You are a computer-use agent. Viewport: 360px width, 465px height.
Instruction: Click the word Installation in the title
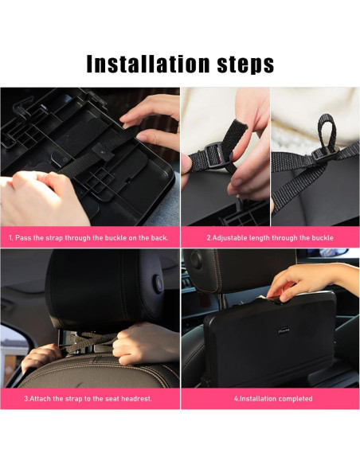148,64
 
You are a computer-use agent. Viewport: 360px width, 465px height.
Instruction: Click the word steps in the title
245,64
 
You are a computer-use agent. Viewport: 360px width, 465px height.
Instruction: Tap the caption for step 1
88,238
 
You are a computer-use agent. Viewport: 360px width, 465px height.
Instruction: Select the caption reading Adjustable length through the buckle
270,238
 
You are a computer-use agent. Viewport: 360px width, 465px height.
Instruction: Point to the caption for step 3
88,399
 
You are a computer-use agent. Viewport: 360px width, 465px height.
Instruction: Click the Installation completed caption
273,399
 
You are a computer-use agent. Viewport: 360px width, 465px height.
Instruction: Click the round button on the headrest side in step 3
158,284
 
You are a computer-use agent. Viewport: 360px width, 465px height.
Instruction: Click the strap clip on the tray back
103,151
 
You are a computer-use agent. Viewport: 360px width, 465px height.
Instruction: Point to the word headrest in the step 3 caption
137,399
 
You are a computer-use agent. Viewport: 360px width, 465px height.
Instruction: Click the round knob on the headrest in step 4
196,259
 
